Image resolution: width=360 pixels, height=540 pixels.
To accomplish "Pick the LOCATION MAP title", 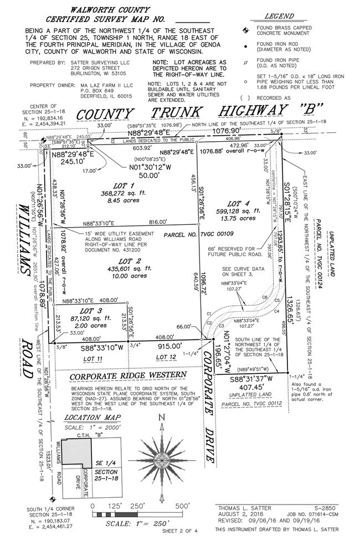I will coord(90,418).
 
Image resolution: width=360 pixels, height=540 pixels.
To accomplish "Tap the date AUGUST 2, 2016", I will coord(237,513).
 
